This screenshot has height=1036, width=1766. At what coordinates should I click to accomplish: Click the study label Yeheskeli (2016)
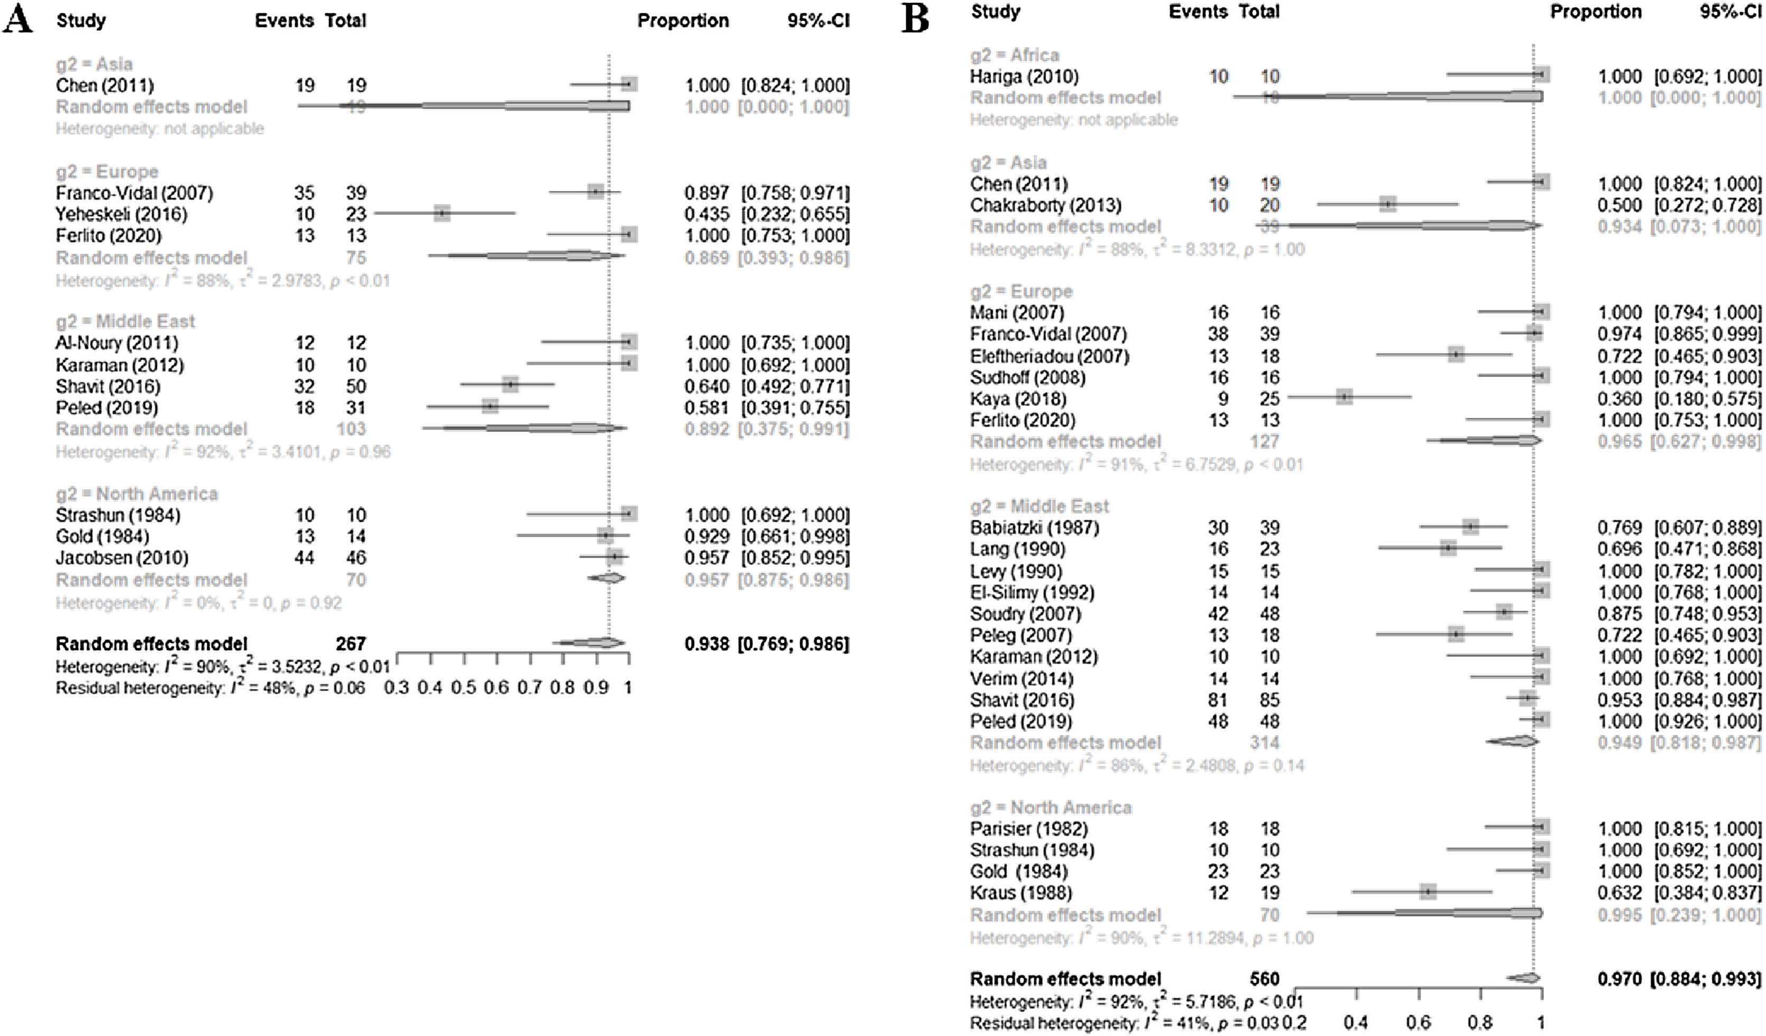click(x=121, y=214)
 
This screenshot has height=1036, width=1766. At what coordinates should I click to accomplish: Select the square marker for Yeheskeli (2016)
click(x=441, y=213)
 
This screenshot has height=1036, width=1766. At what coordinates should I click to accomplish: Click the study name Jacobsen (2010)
click(x=122, y=558)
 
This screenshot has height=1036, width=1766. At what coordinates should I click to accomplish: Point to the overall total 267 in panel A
click(x=351, y=644)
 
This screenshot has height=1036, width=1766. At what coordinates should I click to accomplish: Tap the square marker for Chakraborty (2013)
click(x=1387, y=205)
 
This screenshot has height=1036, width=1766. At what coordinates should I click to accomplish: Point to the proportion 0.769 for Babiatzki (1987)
click(x=1620, y=527)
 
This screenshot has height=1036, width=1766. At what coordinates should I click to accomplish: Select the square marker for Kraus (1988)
click(x=1428, y=892)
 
